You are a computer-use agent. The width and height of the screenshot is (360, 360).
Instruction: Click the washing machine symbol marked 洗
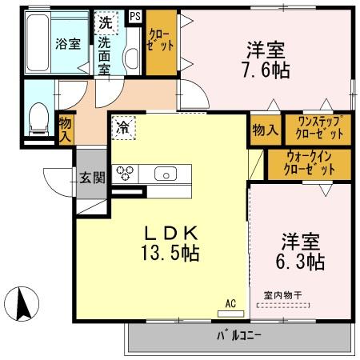[106, 23]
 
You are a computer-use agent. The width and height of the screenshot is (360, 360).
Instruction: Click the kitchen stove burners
[125, 173]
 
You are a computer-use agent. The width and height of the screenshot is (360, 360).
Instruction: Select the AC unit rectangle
[230, 313]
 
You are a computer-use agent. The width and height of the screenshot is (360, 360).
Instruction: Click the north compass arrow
[24, 305]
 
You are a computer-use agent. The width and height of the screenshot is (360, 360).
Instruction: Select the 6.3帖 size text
[302, 262]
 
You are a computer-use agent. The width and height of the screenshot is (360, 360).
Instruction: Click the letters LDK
[170, 234]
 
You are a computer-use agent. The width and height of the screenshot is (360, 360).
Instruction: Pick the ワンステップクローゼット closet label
[321, 128]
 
